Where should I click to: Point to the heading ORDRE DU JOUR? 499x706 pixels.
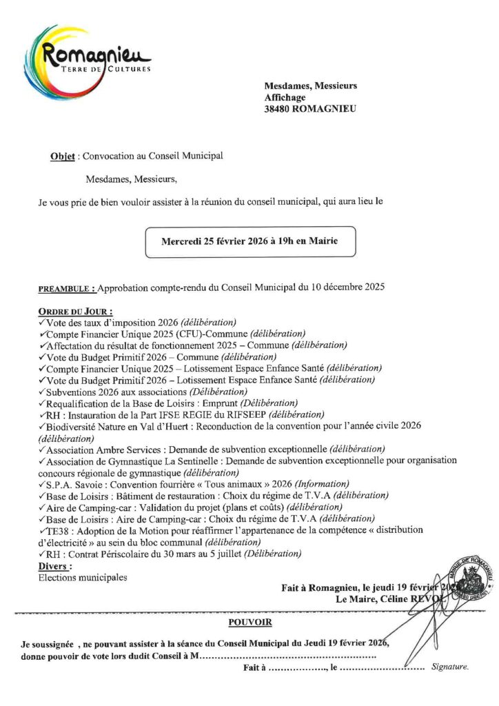76,311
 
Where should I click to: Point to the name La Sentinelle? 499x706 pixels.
196,461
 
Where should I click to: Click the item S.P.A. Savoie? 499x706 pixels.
72,483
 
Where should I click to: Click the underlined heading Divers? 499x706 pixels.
56,566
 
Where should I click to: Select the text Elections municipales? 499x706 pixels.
83,578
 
